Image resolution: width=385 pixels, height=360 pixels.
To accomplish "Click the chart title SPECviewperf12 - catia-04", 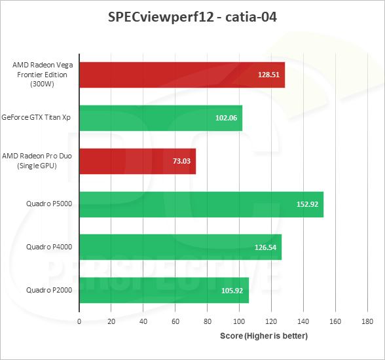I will click(x=192, y=18).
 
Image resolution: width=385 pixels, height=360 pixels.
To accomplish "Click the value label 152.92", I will click(x=307, y=205).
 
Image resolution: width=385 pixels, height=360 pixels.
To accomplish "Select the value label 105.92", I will click(x=234, y=291).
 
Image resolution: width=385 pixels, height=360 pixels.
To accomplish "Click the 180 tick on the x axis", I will click(x=367, y=321).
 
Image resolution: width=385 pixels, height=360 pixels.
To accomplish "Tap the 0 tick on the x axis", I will click(x=79, y=321).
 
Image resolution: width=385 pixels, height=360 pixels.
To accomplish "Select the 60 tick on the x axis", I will click(x=175, y=321).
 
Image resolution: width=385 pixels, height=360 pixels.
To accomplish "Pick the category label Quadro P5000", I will click(x=48, y=204).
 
